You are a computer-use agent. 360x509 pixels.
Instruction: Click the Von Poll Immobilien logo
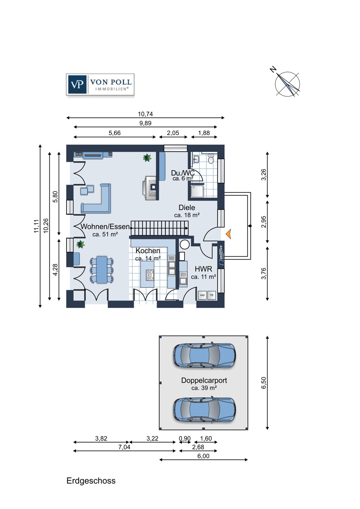(x=100, y=84)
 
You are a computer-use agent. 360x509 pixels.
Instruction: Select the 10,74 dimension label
(x=145, y=114)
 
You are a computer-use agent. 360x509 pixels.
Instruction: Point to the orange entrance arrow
(x=228, y=234)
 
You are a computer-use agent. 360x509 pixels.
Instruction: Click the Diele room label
(x=187, y=207)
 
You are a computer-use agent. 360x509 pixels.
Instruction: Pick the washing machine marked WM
(x=202, y=296)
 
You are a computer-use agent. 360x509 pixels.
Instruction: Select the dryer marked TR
(x=212, y=296)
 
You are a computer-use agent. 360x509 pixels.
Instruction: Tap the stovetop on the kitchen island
(x=150, y=275)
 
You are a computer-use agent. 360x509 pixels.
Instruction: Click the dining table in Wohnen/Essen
(x=102, y=269)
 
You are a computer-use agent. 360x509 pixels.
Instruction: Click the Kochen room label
(x=148, y=251)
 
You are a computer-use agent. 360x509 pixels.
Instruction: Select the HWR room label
(x=203, y=269)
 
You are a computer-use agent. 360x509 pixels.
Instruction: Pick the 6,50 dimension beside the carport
(x=263, y=383)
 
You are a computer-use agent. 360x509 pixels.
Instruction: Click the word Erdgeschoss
(x=91, y=481)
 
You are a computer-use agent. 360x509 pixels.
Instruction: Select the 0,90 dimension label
(x=185, y=438)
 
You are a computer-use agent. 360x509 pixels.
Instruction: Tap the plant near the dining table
(x=80, y=244)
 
